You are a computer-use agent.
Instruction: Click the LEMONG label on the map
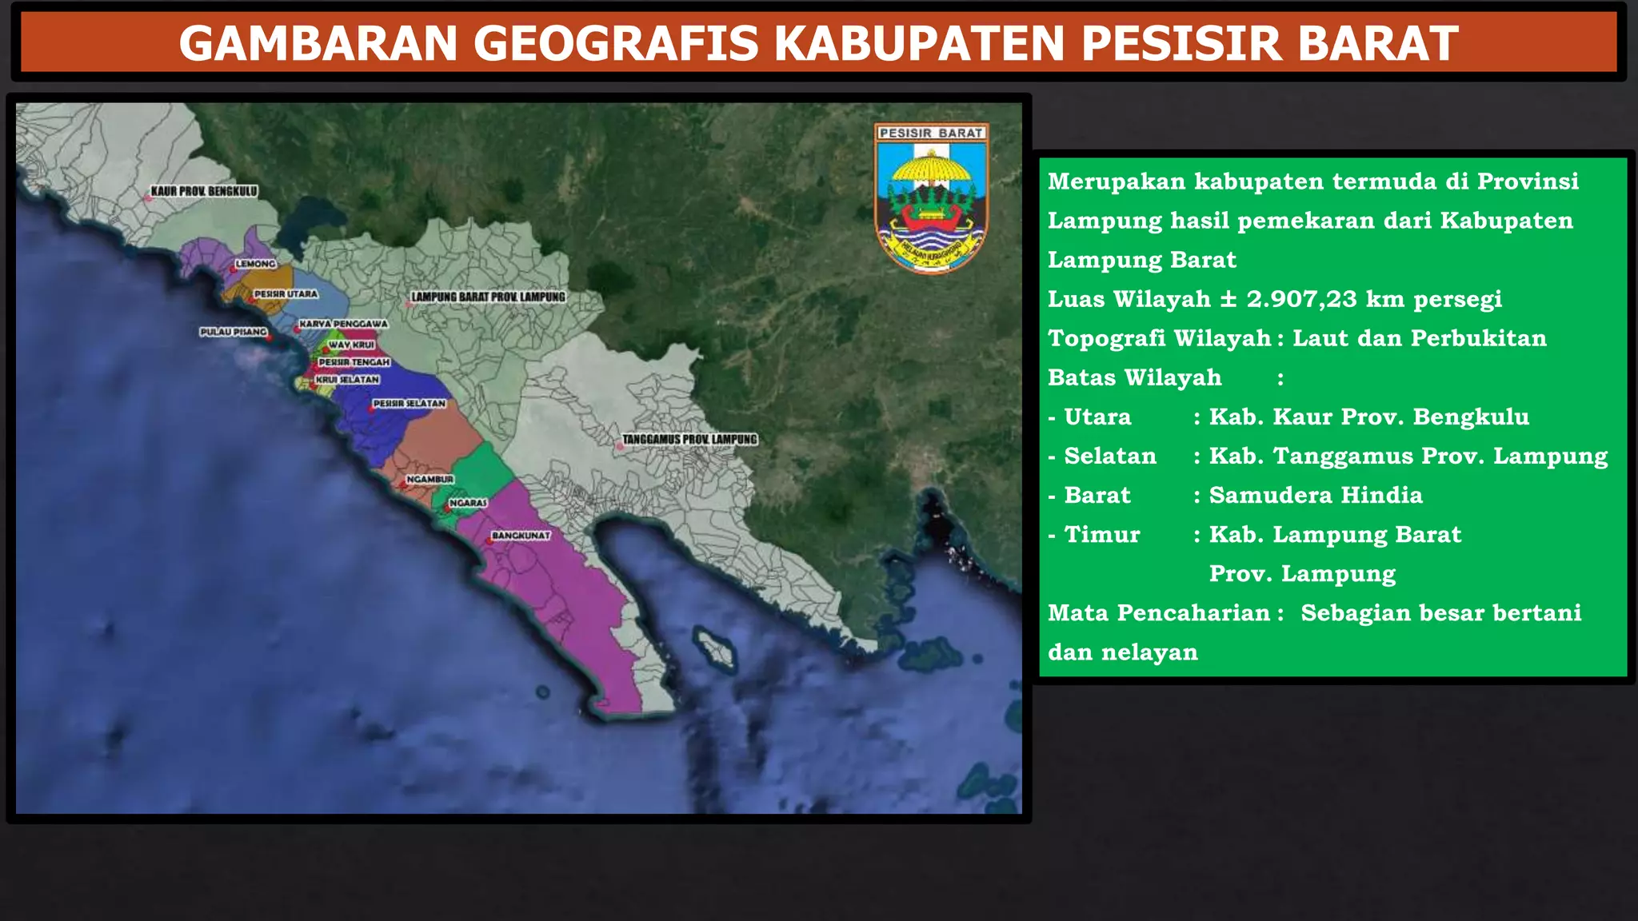coord(255,264)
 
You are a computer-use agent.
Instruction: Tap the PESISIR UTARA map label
coord(286,294)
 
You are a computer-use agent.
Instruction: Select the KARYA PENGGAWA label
coord(343,324)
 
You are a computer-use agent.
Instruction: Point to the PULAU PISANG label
coord(233,332)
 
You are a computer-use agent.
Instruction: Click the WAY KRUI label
coord(351,345)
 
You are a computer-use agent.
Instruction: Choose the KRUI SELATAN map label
coord(346,380)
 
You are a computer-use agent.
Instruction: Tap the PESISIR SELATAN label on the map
coord(409,404)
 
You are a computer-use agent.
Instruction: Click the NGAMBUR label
coord(429,480)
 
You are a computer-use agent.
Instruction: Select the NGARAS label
coord(468,503)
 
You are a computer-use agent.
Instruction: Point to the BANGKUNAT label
coord(521,536)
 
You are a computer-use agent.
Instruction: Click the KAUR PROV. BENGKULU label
coord(204,192)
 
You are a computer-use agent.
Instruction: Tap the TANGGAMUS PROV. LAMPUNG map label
coord(689,440)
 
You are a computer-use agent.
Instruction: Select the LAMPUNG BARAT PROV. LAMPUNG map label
coord(488,297)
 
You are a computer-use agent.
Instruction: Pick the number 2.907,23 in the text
coord(1301,299)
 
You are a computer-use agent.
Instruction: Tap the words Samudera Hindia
coord(1316,495)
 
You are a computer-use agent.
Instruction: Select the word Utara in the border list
coord(1097,417)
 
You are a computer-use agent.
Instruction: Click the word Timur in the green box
coord(1101,534)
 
